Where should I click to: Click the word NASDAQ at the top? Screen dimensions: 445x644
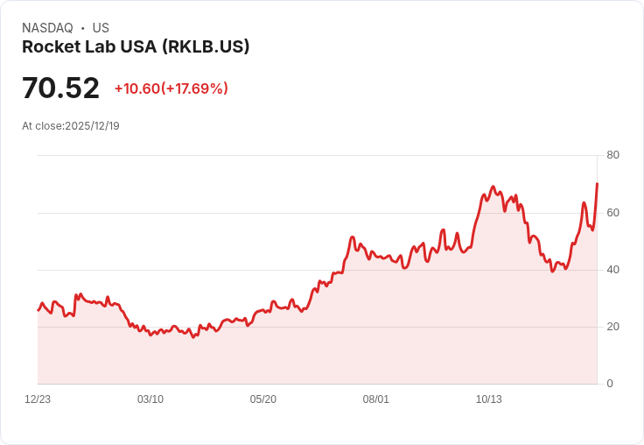(47, 28)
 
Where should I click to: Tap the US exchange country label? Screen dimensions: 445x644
(101, 28)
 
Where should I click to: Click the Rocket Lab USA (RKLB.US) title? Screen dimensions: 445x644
(136, 47)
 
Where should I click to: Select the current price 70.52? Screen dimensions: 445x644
(60, 88)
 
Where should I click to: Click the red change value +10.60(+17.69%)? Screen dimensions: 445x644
(171, 88)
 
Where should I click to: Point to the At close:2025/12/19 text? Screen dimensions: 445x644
(71, 126)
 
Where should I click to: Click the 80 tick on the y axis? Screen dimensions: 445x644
(612, 155)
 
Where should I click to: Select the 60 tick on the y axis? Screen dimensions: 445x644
(612, 213)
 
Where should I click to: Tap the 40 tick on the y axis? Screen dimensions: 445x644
(612, 270)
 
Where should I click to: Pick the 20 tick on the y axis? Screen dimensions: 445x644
(612, 327)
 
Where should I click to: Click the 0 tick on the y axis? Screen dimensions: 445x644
(610, 384)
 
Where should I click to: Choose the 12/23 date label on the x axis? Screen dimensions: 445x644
(38, 399)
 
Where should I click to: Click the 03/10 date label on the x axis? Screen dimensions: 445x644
(150, 399)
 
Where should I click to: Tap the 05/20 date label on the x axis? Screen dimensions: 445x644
(263, 399)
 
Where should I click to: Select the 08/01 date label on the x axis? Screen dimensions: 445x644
(376, 399)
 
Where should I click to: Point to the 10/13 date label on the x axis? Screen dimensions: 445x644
(488, 399)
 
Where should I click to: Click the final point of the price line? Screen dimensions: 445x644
(597, 184)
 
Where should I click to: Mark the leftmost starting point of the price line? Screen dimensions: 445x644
(38, 310)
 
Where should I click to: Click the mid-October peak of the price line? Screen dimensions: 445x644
(493, 187)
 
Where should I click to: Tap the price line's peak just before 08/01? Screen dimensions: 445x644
(352, 237)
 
